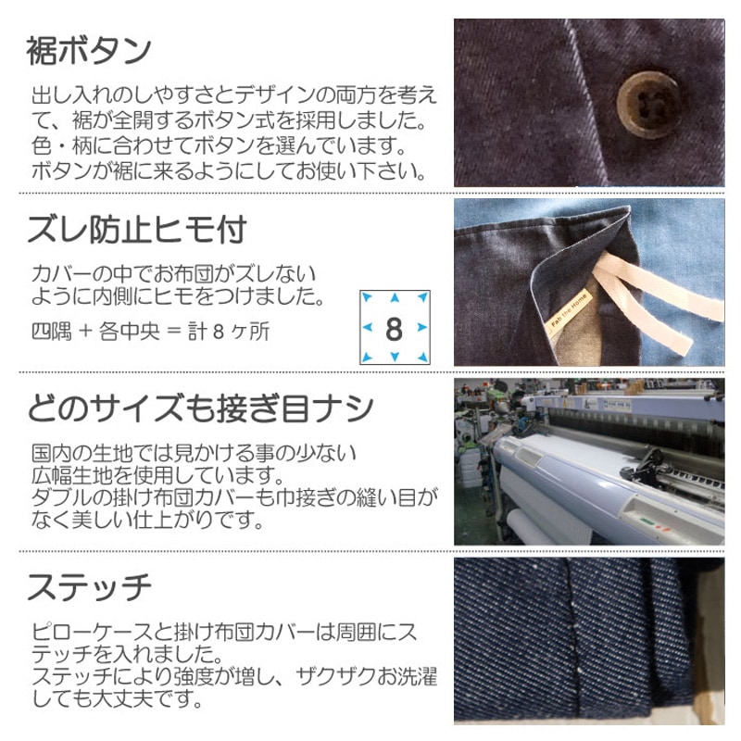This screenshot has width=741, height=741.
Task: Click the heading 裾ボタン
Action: tap(89, 52)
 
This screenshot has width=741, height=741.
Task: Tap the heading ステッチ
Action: tap(89, 585)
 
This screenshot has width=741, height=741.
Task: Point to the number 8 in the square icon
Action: tap(395, 328)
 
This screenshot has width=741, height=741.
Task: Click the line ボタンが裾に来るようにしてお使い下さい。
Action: tap(228, 171)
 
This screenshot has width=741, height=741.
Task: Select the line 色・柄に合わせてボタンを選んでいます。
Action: tap(207, 146)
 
